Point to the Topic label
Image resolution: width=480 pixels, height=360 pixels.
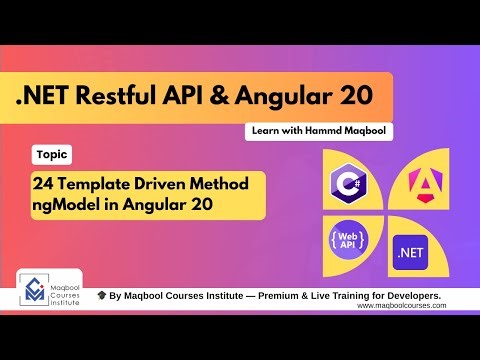coord(51,155)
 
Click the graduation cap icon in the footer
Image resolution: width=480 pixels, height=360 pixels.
coord(102,297)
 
